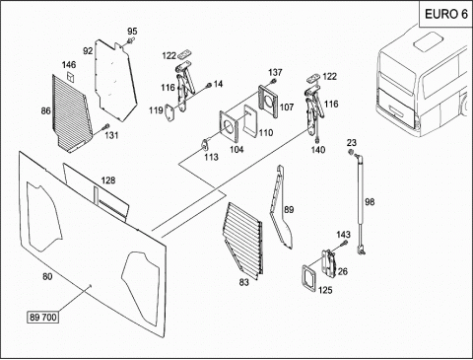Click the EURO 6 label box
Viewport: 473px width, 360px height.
coord(445,14)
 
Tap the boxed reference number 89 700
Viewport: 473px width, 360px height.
coord(43,318)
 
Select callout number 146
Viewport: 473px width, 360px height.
coord(69,64)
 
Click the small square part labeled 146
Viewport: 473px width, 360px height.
coord(71,77)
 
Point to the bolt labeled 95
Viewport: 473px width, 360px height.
coord(130,41)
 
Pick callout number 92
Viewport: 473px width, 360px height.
coord(88,51)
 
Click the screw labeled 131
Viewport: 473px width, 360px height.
coord(105,126)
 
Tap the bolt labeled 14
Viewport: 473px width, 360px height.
coord(208,86)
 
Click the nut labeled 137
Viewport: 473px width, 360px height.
coord(273,81)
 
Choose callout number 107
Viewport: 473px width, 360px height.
coord(287,107)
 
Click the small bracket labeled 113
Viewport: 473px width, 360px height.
coord(205,144)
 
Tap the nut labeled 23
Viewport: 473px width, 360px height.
coord(351,153)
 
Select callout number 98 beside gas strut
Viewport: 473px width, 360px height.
coord(370,201)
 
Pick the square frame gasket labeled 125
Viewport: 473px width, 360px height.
coord(308,278)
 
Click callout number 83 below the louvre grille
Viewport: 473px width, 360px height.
coord(243,282)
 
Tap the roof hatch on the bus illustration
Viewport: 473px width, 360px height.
coord(428,40)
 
